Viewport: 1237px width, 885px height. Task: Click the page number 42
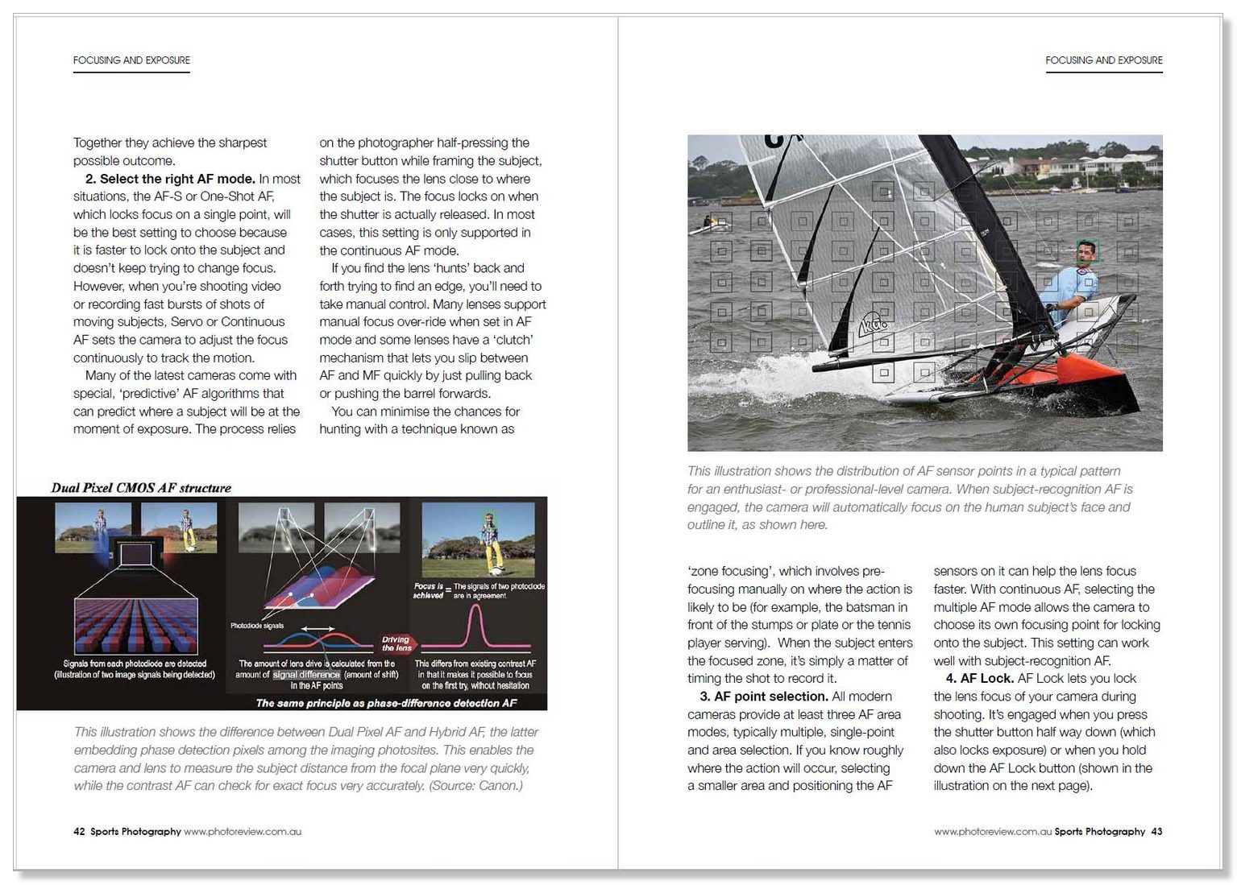coord(79,832)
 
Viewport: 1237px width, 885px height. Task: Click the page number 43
coord(1156,832)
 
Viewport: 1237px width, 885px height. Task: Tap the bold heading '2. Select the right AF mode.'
coord(170,179)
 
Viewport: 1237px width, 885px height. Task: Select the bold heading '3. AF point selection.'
coord(764,697)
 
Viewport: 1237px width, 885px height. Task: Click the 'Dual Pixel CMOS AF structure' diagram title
coord(141,488)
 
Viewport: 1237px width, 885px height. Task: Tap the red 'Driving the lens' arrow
coord(396,643)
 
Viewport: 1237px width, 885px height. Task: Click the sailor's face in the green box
coord(1088,253)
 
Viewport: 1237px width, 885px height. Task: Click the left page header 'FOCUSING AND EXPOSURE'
coord(131,60)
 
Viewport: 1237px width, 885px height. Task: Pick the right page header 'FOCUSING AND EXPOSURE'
coord(1103,60)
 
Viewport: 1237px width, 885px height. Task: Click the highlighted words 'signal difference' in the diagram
coord(306,675)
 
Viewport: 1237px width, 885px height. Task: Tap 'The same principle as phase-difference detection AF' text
coord(386,703)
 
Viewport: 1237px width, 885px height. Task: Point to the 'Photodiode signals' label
coord(257,626)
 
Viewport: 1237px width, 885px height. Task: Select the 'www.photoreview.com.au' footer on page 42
coord(243,832)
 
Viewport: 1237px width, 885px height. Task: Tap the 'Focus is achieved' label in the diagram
coord(429,590)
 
